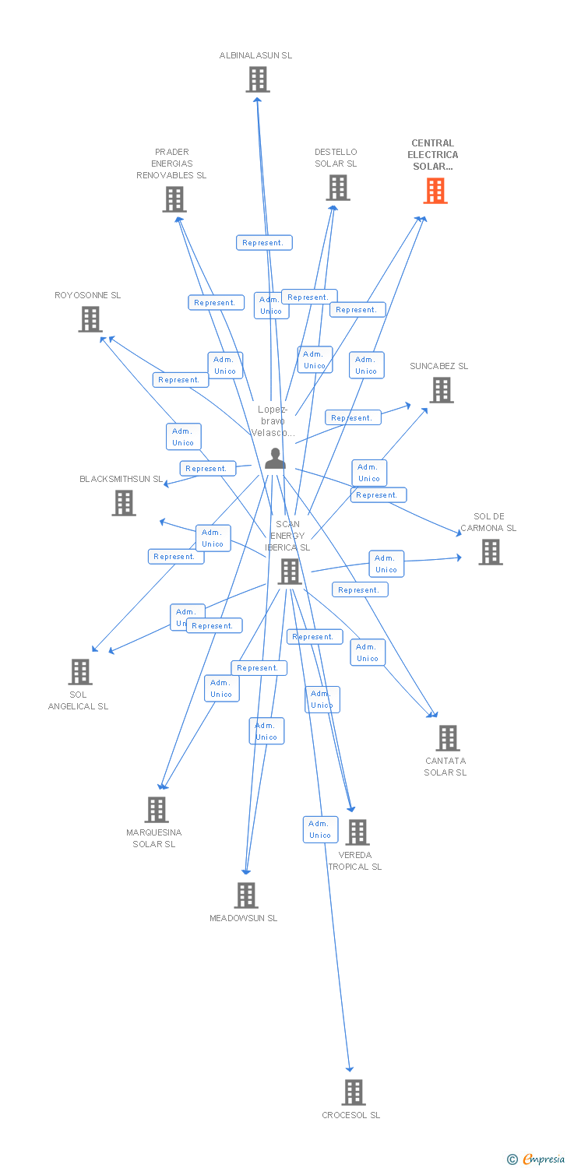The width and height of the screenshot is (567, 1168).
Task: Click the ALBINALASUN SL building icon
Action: tap(258, 79)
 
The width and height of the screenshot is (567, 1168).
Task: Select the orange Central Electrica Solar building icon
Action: tap(435, 191)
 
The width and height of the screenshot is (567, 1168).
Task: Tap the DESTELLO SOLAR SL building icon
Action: tap(338, 188)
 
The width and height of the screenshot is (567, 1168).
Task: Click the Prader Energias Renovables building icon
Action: tap(174, 199)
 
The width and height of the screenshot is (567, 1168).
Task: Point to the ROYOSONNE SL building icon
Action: tap(90, 319)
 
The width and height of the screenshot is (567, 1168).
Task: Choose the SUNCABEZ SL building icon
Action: tap(442, 390)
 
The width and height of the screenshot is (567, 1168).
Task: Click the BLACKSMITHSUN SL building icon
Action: tap(124, 503)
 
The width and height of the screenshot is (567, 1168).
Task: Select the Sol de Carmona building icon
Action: tap(491, 552)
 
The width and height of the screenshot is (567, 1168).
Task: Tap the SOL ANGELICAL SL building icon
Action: tap(80, 671)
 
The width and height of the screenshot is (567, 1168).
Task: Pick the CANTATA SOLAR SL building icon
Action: tap(448, 737)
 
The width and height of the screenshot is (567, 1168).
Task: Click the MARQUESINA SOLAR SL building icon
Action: tap(157, 810)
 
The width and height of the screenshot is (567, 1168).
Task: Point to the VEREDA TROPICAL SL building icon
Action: tap(357, 832)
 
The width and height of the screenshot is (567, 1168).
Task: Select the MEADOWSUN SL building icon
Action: tap(246, 895)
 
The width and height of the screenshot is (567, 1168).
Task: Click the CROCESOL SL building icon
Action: tap(354, 1092)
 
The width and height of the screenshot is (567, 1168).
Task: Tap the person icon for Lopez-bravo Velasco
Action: tap(275, 459)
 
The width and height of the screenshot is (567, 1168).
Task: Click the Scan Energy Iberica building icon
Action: tap(290, 572)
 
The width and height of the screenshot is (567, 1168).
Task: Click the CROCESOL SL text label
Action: tap(351, 1115)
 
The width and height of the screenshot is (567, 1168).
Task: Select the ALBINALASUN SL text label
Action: tap(255, 55)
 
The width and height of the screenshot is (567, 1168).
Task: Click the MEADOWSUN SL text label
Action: tap(243, 918)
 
